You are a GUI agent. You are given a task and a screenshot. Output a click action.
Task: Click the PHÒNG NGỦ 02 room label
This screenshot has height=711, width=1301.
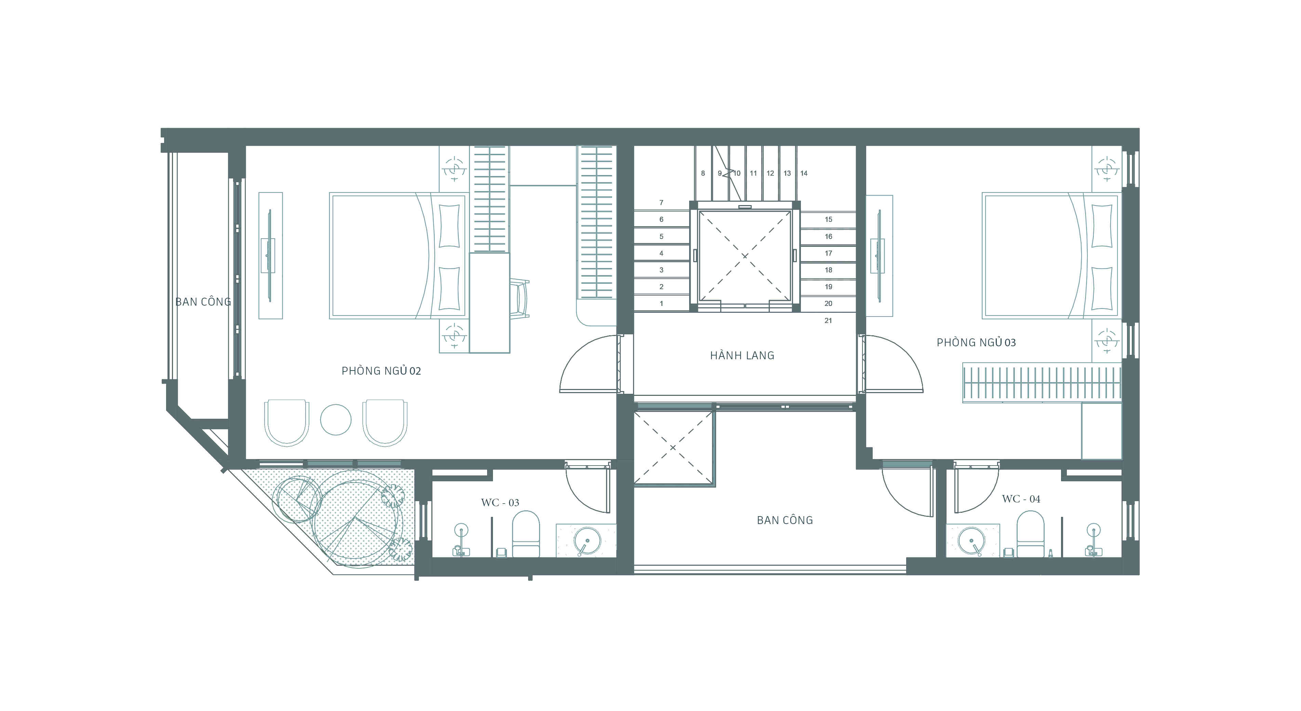click(x=381, y=371)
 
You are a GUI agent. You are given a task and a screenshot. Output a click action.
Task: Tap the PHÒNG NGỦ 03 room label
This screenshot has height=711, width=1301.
click(x=976, y=343)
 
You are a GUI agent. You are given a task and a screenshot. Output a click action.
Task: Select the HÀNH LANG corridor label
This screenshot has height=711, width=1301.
click(x=742, y=355)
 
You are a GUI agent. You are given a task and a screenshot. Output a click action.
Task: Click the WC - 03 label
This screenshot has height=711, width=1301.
click(x=500, y=502)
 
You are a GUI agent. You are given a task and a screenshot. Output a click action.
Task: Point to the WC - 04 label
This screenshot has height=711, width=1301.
click(x=1021, y=499)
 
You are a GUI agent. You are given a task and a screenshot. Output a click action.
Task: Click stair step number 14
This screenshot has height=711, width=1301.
click(x=804, y=173)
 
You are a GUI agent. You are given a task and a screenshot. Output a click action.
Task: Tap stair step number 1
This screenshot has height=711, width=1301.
click(x=661, y=304)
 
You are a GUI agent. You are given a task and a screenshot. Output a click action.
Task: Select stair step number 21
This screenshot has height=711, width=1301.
click(x=828, y=320)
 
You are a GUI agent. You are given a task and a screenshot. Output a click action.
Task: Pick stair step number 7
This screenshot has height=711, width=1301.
click(x=661, y=202)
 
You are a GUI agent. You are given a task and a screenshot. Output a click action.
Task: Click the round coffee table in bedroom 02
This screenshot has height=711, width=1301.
click(x=336, y=420)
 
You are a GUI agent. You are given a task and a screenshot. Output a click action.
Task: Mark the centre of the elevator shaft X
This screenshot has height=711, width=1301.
click(x=745, y=256)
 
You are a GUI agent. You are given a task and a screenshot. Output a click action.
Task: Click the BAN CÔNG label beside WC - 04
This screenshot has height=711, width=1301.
click(x=785, y=520)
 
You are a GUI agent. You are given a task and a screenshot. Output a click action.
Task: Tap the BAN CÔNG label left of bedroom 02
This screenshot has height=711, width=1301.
click(x=203, y=302)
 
